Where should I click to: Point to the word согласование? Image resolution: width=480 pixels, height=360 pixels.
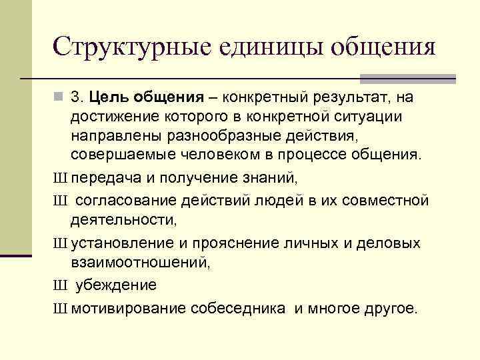click(126, 201)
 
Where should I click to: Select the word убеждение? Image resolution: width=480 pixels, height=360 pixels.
click(116, 285)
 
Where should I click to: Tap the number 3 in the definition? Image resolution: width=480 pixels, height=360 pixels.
click(77, 98)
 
